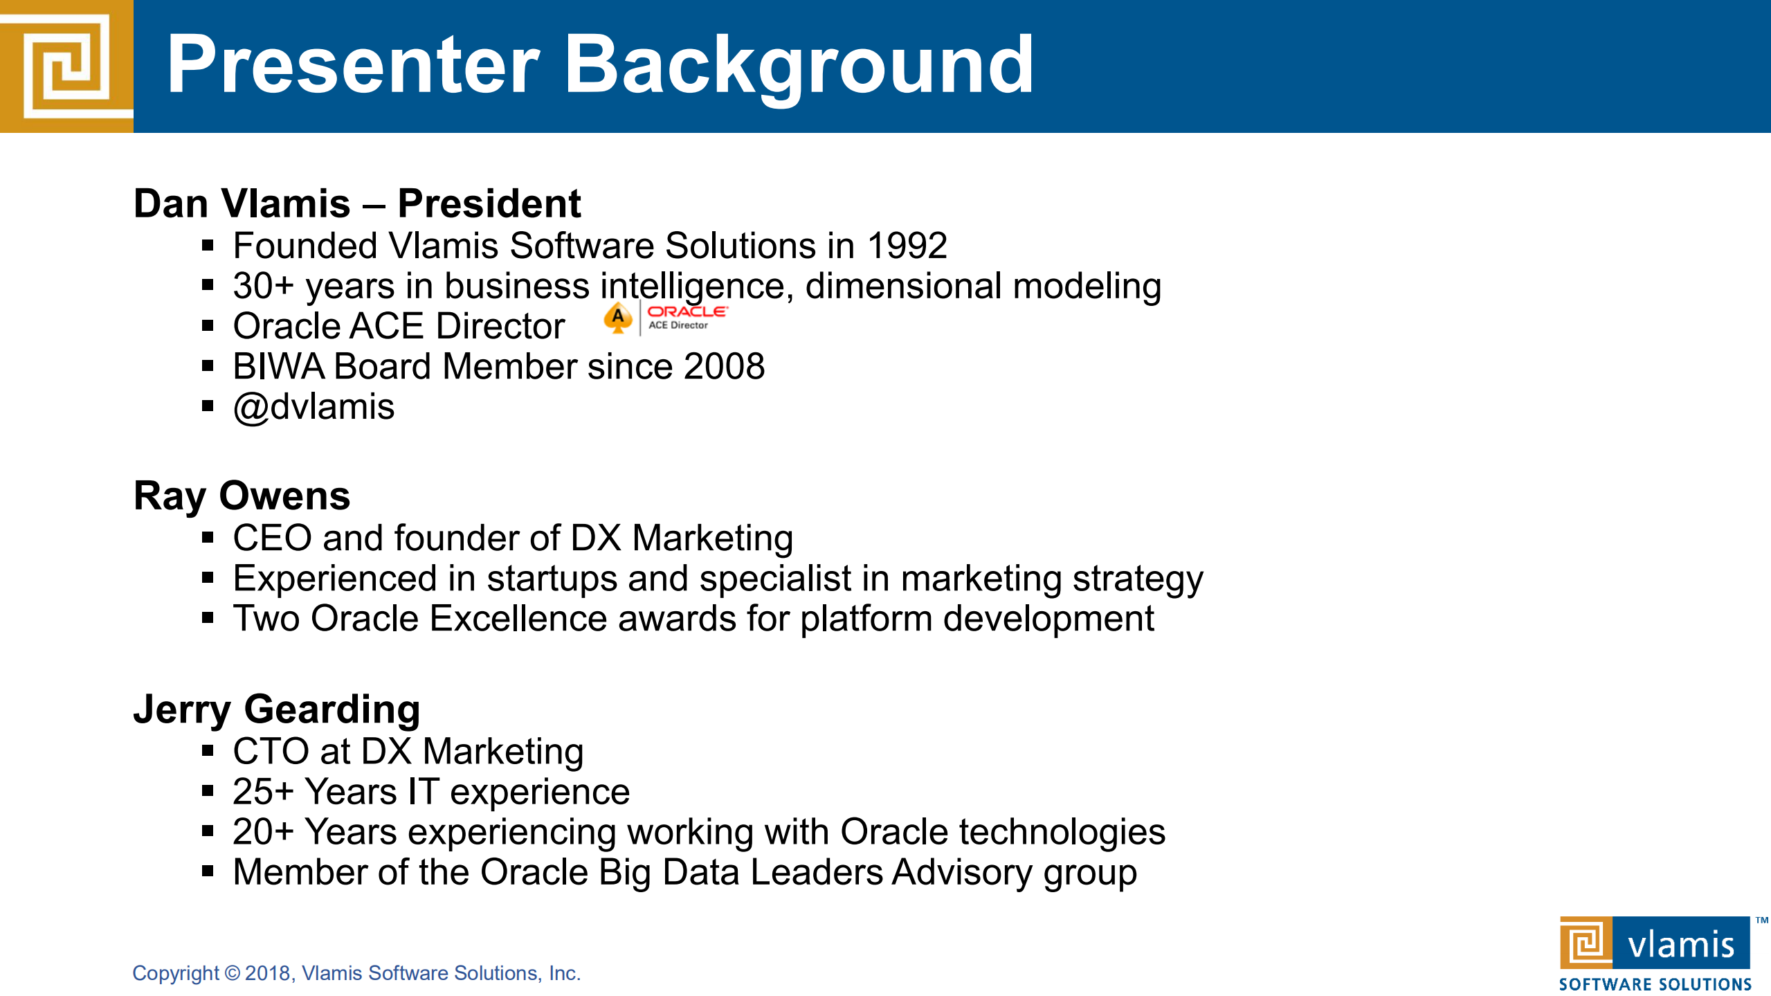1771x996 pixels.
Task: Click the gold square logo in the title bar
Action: coord(66,66)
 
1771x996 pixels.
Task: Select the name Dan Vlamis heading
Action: coord(242,203)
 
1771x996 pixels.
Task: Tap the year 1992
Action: coord(907,246)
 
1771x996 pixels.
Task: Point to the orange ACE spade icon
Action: coord(617,318)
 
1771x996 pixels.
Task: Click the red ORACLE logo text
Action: coord(687,311)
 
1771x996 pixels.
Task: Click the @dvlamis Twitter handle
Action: coord(314,407)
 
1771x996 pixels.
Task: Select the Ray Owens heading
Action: coord(242,496)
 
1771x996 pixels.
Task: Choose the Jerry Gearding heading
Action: coord(277,710)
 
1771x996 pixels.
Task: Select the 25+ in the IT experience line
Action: coord(264,791)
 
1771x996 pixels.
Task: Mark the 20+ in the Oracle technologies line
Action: coord(264,831)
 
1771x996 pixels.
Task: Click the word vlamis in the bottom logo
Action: coord(1681,945)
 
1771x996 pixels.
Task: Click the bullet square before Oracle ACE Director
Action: coord(208,326)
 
